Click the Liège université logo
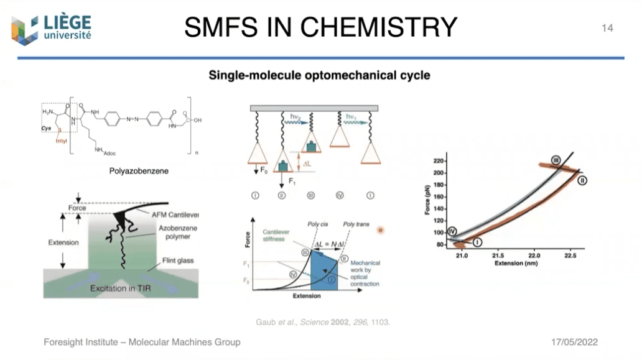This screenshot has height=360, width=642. click(52, 28)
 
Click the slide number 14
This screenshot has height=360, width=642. click(607, 28)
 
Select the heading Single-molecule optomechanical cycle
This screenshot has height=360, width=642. click(319, 76)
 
